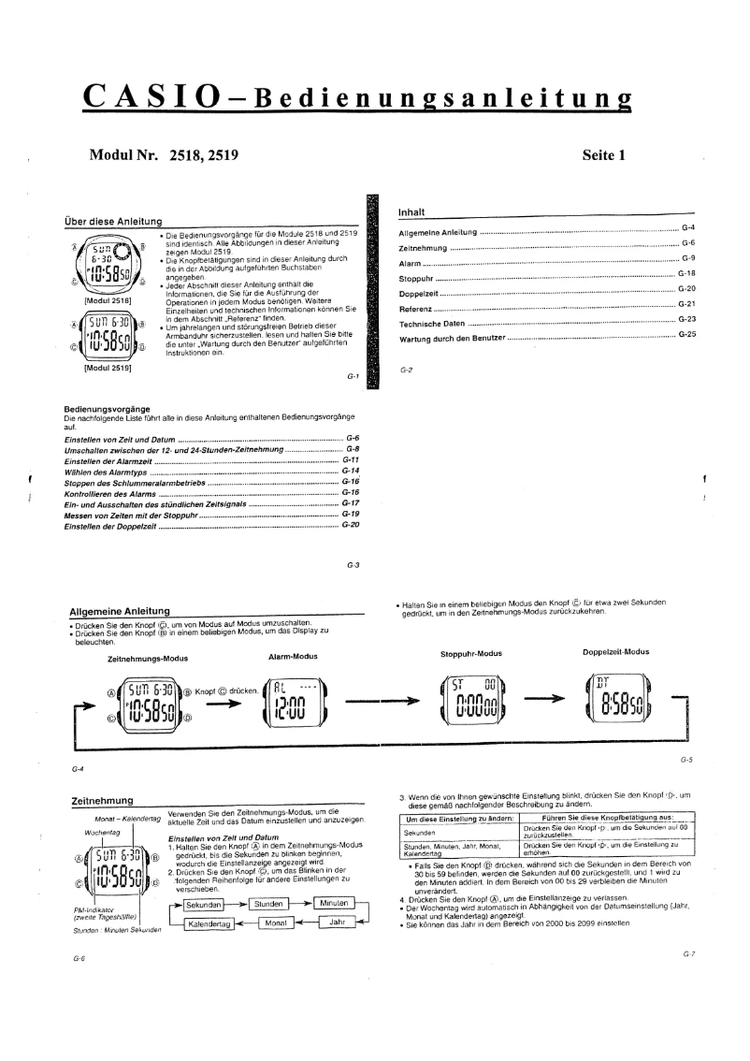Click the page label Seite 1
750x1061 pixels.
click(603, 156)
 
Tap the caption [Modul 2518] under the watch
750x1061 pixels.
click(107, 300)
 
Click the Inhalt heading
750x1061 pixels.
click(412, 212)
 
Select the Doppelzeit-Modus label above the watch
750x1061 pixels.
click(615, 651)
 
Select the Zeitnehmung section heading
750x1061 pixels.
click(102, 801)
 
